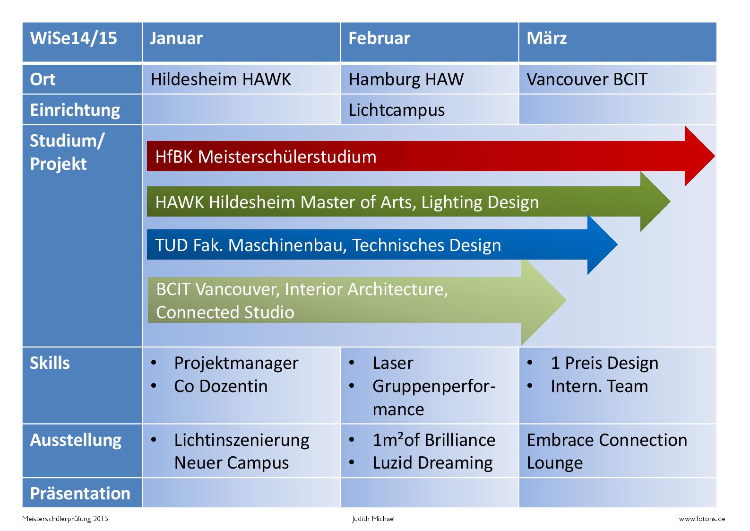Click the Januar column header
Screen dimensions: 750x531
click(241, 42)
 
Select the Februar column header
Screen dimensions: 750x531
click(430, 42)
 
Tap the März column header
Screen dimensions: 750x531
click(618, 42)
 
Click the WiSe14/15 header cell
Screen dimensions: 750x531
click(82, 42)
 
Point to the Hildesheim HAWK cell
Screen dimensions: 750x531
click(241, 79)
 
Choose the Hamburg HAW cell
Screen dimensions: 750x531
click(430, 79)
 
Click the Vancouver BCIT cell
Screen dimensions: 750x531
click(618, 79)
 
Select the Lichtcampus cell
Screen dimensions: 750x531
click(430, 110)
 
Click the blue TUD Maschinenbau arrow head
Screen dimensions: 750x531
click(603, 244)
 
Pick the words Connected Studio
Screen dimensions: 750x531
click(225, 312)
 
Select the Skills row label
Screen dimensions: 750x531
click(50, 363)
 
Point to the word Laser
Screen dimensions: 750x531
click(393, 363)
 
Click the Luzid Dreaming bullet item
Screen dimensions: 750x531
click(421, 463)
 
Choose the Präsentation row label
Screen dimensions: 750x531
click(80, 494)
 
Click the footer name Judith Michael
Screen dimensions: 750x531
click(373, 519)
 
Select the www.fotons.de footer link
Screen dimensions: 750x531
click(702, 519)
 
